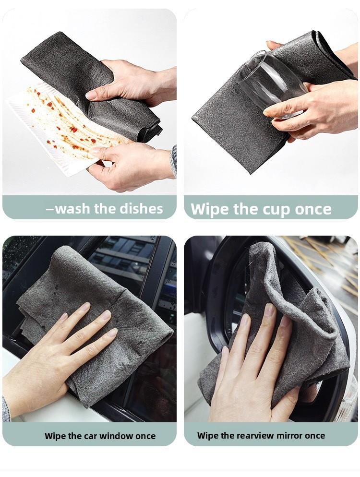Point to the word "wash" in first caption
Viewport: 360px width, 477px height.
point(72,209)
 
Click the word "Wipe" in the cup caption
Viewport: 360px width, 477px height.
point(210,210)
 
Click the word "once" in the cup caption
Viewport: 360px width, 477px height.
point(313,210)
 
